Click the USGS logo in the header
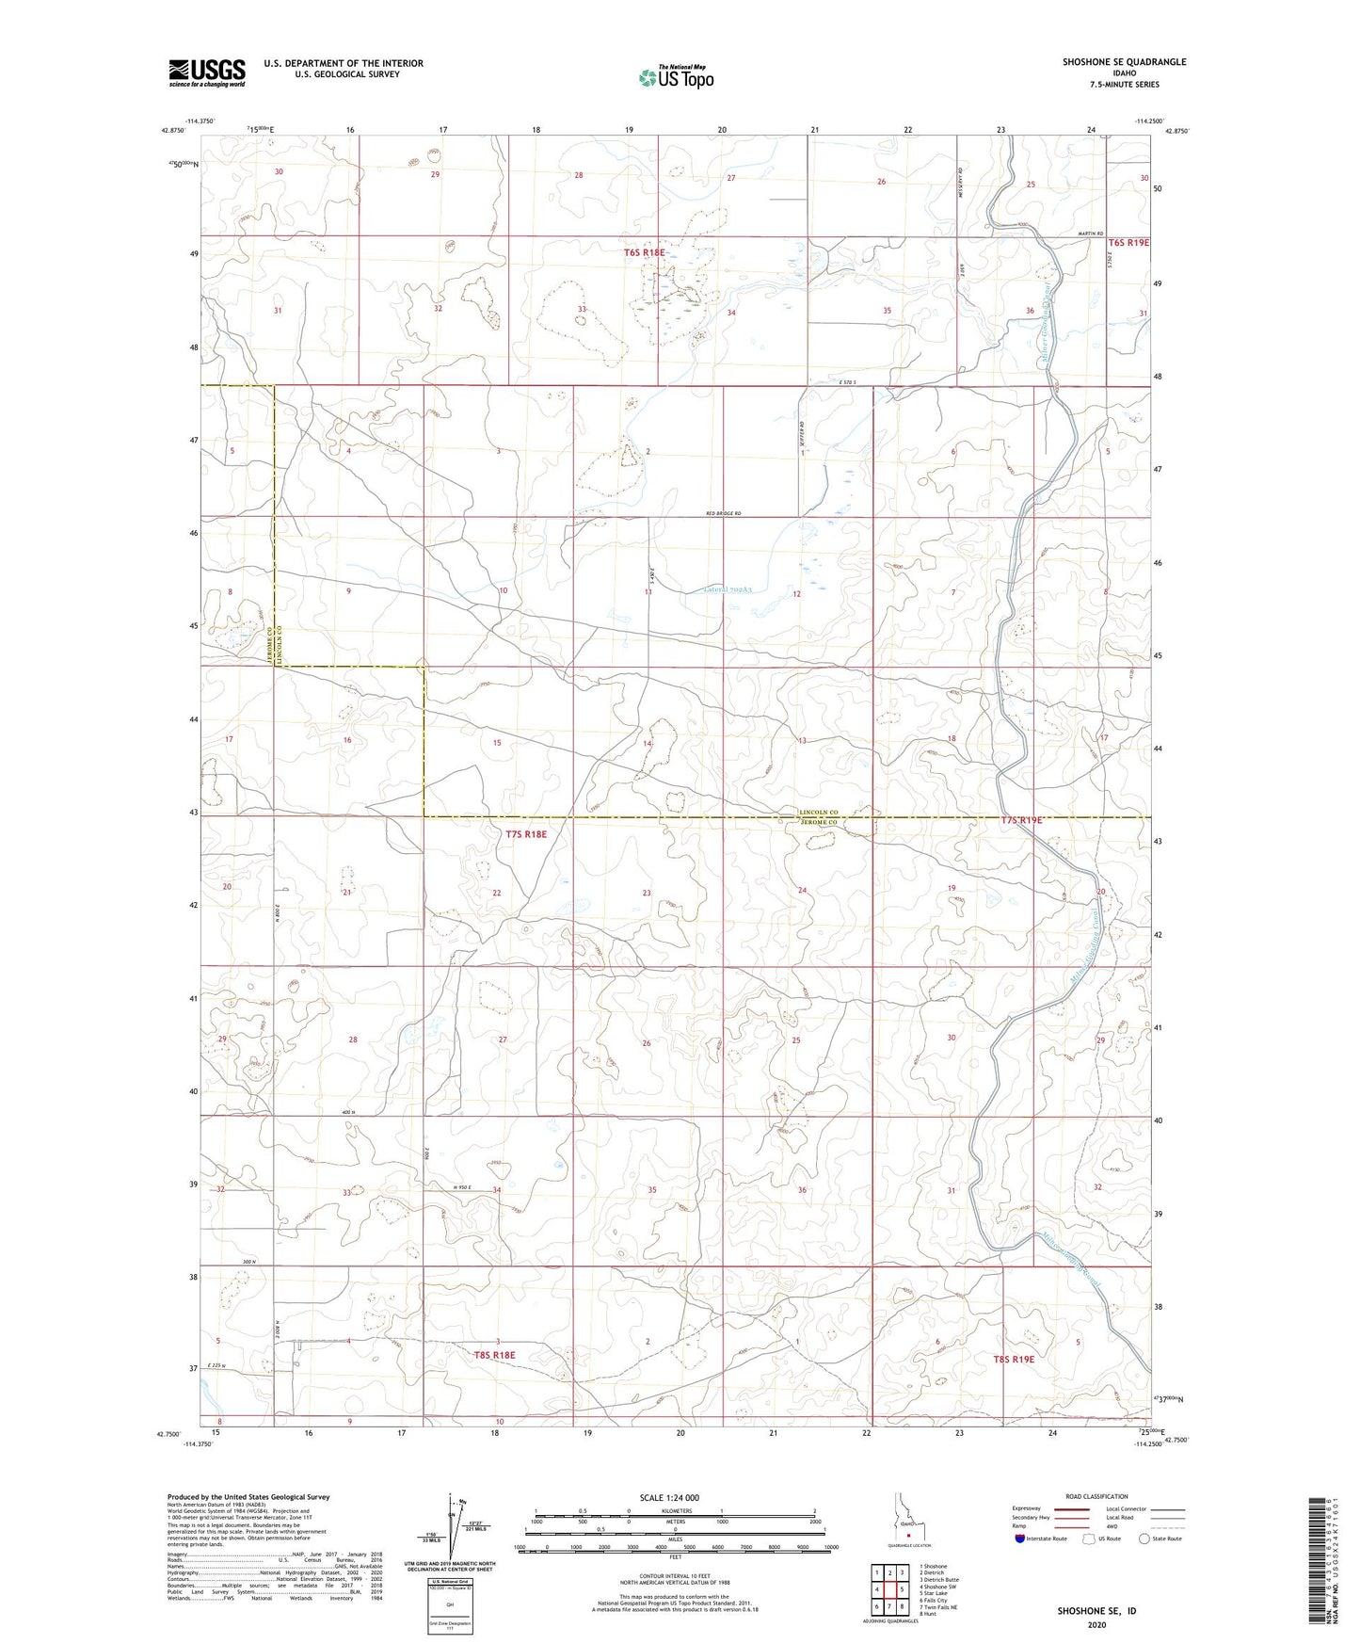pos(207,72)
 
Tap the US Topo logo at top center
pos(676,76)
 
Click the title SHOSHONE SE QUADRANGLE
pos(1124,62)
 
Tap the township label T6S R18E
pos(644,252)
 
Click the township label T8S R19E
pos(1014,1359)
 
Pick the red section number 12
pos(796,593)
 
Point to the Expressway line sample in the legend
pos(1072,1508)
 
